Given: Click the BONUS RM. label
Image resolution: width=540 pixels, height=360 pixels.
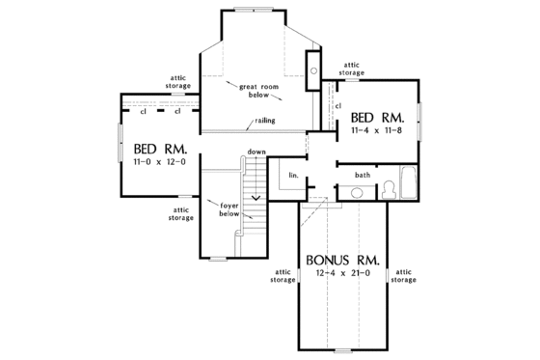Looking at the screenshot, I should click(x=343, y=261).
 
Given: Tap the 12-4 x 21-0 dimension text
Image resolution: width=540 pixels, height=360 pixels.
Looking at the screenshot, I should click(x=343, y=275).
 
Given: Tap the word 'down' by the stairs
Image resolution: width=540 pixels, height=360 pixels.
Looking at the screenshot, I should click(x=256, y=152).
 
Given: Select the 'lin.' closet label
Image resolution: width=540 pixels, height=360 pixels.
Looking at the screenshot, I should click(x=293, y=175).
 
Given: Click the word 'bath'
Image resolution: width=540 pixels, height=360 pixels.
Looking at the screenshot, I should click(x=363, y=175).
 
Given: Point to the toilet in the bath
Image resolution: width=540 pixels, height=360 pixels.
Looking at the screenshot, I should click(x=389, y=188).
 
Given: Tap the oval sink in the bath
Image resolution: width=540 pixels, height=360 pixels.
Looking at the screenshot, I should click(x=356, y=194).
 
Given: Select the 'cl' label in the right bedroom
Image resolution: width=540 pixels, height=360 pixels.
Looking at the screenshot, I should click(x=337, y=105).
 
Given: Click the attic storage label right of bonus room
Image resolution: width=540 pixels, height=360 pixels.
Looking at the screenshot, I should click(x=403, y=275).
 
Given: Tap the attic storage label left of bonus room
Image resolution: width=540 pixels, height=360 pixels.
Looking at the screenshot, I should click(x=283, y=275).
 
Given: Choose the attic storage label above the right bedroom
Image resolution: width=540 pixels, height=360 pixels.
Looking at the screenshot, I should click(x=352, y=69).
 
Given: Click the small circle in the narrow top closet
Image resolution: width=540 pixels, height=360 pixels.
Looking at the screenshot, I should click(x=314, y=69).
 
